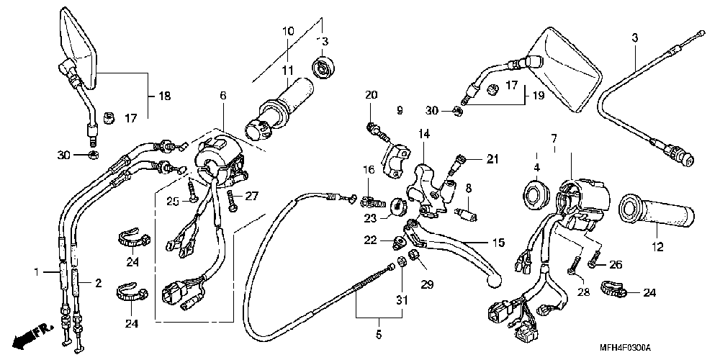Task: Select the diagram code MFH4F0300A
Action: pyautogui.click(x=625, y=348)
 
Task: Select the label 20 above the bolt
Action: pyautogui.click(x=372, y=96)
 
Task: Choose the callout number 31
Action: pyautogui.click(x=401, y=300)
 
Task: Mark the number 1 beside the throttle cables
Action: pyautogui.click(x=37, y=271)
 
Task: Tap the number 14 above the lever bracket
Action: pyautogui.click(x=422, y=135)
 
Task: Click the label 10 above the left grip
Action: pyautogui.click(x=288, y=32)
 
